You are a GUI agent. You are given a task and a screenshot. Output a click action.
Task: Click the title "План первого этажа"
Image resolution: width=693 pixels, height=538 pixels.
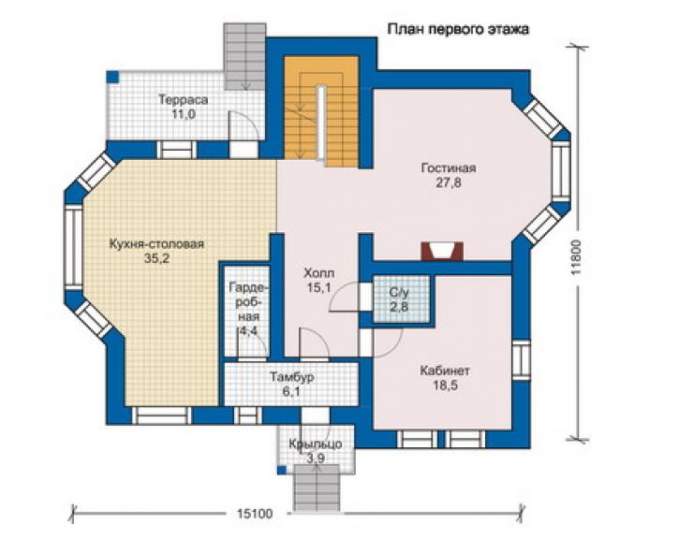coord(458,29)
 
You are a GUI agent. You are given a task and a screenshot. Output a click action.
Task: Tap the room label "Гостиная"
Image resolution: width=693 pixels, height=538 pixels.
coord(449,168)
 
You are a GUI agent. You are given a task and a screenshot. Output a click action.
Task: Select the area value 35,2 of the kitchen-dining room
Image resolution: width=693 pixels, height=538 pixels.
coord(157,258)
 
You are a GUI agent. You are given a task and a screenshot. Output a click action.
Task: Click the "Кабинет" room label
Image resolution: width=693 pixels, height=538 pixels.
coord(445,371)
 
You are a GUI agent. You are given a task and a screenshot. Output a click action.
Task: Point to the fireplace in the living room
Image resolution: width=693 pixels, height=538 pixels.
coord(442,251)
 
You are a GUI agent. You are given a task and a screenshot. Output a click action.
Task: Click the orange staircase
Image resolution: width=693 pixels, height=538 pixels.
coord(321,111)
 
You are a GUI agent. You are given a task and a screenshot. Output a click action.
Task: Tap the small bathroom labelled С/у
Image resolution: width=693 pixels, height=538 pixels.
coord(402,299)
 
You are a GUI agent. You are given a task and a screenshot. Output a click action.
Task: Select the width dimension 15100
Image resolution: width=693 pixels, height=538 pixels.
coord(255,514)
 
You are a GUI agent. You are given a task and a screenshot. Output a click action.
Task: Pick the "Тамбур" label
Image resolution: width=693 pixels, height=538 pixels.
coord(292,377)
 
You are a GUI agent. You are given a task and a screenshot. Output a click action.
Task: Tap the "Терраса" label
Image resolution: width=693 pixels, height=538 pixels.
coord(183,100)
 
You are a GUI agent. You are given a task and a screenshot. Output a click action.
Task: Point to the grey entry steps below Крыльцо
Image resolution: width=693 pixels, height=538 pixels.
coord(317,489)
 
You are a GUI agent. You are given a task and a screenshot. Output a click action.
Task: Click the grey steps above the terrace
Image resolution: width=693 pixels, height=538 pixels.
coord(244,56)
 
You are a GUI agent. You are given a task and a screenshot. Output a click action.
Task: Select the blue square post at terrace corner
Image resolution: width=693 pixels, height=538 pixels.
coord(113,77)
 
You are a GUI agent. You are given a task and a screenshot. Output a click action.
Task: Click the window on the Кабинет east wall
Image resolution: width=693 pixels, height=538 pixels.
coord(523,359)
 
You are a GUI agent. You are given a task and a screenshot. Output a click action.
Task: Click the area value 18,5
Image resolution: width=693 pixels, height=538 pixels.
coord(445,385)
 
